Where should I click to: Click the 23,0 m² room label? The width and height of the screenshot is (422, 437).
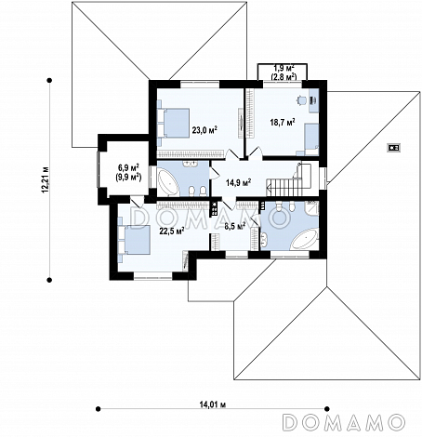coord(204,129)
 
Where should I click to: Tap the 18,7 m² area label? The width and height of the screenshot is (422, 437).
coord(283,122)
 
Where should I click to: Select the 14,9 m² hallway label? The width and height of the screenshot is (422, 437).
coord(238,182)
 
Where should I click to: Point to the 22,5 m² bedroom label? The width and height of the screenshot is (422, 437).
coord(172,231)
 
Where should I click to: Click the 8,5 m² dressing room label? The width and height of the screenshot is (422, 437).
coord(235,225)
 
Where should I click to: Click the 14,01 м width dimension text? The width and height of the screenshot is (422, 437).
coord(212,404)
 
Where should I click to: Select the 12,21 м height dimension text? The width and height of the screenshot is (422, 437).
coord(46,179)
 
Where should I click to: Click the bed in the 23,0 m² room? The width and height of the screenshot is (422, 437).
coord(174,123)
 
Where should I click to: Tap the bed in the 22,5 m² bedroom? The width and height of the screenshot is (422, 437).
coord(134,240)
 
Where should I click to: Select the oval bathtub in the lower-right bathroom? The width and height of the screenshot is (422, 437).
coord(304,239)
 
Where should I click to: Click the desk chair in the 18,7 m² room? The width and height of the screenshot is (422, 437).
coord(301,99)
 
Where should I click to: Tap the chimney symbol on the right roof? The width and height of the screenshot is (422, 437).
coord(394,148)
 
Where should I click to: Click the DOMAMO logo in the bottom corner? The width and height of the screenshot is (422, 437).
coord(344,422)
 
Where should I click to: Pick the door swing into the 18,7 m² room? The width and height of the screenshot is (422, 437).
coord(255,152)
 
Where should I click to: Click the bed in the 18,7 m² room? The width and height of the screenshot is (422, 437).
coord(311,139)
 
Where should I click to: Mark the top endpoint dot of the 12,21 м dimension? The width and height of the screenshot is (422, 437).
coord(49,81)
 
